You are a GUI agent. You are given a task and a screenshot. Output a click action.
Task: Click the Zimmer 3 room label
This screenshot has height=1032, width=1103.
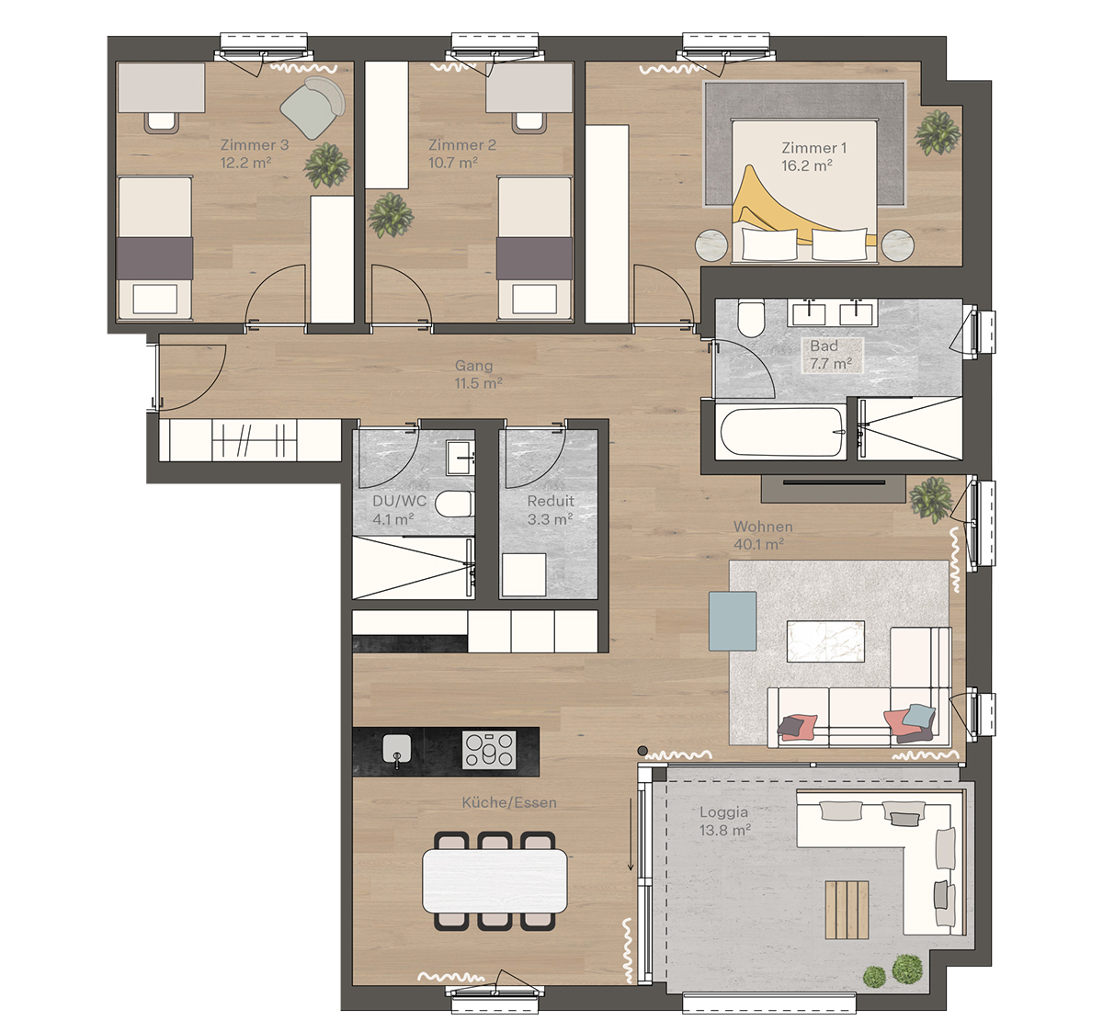pos(255,145)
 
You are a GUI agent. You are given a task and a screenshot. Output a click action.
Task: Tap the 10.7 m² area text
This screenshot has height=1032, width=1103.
pos(452,164)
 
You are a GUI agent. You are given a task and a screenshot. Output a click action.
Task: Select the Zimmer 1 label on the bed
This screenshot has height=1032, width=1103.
pos(813,148)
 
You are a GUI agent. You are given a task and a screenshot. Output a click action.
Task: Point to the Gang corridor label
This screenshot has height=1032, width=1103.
pos(474,366)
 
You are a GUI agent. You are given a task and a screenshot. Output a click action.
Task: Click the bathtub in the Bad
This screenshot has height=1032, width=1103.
pos(781,432)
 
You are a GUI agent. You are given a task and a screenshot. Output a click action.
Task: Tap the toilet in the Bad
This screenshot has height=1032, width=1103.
pos(751,319)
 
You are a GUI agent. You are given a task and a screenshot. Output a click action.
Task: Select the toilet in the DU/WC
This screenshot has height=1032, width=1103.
pos(453,505)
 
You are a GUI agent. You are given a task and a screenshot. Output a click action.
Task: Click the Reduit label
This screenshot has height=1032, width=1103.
pos(551,502)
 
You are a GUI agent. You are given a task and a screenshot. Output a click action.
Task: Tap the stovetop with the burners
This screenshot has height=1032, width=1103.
pos(488,750)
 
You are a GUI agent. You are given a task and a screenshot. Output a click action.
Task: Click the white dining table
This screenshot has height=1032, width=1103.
pos(495,880)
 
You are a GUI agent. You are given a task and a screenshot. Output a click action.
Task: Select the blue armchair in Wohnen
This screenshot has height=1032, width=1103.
pos(733,621)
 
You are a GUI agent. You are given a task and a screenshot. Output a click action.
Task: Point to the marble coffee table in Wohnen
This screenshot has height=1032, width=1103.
pos(825,641)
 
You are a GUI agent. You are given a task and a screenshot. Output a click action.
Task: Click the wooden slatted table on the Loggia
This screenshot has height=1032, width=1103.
pos(847,910)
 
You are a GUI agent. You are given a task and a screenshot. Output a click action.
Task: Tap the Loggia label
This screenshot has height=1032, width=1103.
pos(723,812)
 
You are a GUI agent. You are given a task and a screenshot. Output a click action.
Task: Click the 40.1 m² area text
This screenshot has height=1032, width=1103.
pos(758,544)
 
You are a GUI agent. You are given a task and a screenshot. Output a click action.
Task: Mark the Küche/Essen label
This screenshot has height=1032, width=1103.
pos(509,803)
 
